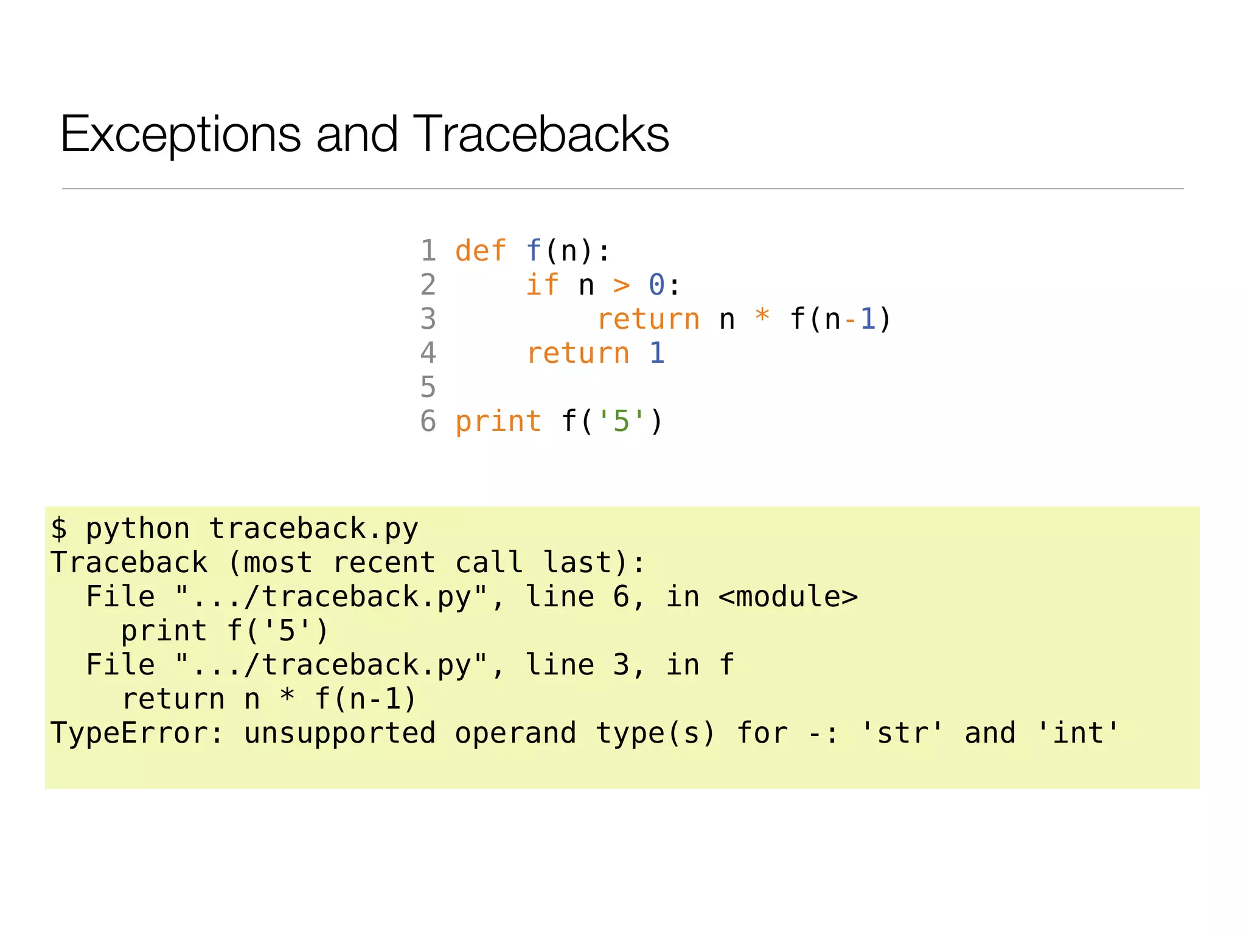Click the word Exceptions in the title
click(x=180, y=135)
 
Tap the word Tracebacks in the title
click(x=541, y=135)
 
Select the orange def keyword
click(x=480, y=251)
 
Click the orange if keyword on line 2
click(x=541, y=285)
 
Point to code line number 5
click(x=428, y=387)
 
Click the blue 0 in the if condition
click(x=656, y=285)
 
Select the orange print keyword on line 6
click(x=498, y=421)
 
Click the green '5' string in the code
click(x=621, y=421)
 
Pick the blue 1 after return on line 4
click(x=657, y=353)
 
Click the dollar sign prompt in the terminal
click(x=59, y=528)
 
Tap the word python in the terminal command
click(x=137, y=529)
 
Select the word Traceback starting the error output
click(x=129, y=562)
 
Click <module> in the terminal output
click(x=788, y=597)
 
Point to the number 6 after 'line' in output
click(x=621, y=597)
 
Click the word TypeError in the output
click(x=129, y=733)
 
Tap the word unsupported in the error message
click(x=339, y=733)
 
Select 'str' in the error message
click(x=902, y=733)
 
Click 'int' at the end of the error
click(x=1078, y=733)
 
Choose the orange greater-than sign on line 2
click(x=621, y=285)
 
